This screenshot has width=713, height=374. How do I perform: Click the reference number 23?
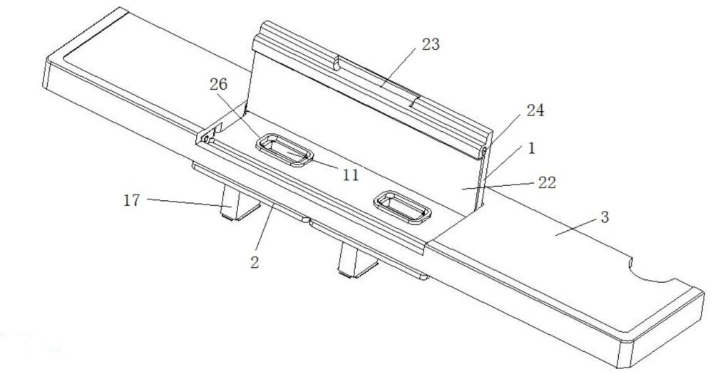pos(431,45)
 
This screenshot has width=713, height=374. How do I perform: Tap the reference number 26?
pos(218,85)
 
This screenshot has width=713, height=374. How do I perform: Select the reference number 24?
pos(535,110)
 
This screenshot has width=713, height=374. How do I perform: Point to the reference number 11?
pos(351,175)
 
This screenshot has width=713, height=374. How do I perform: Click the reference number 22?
pos(547,182)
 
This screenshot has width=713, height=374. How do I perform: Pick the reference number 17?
pos(132,200)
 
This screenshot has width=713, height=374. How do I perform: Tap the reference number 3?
pos(605,217)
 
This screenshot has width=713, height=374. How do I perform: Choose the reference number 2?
pos(255,261)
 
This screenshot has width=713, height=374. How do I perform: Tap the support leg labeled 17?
pos(237,204)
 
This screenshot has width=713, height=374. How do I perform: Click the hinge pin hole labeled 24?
pos(485,150)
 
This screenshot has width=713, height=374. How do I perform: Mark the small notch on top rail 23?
pos(337,64)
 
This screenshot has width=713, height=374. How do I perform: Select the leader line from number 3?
pos(576,227)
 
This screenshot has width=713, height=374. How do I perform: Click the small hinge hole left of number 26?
pos(205,137)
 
